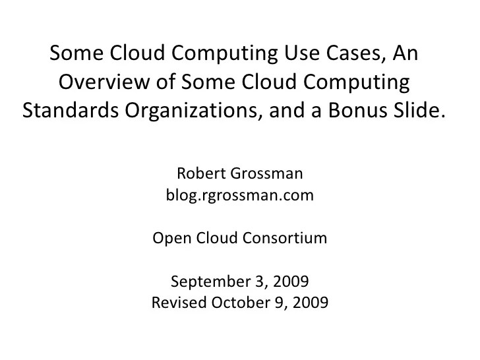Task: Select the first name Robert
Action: (200, 175)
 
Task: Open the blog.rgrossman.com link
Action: (239, 196)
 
